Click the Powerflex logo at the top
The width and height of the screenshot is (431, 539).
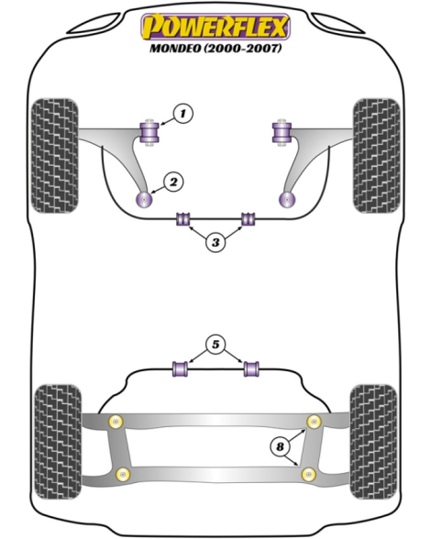215,27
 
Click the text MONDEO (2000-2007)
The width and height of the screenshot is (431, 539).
215,48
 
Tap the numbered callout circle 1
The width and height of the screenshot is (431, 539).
182,113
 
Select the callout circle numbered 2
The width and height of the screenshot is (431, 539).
173,182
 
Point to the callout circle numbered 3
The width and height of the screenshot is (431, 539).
215,242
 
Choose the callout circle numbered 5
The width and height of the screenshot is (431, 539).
215,345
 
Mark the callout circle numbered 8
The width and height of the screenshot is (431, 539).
280,446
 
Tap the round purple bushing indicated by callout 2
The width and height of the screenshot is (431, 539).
144,200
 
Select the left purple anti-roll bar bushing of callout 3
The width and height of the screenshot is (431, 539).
183,219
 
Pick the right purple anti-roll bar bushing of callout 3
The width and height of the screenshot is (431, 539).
248,219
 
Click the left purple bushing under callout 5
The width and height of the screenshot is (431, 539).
180,368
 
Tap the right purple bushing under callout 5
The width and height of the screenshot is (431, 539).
251,368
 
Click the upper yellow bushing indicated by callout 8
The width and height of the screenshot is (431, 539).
314,422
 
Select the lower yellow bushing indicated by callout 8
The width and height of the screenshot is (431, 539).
308,475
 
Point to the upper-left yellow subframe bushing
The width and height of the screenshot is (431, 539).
116,422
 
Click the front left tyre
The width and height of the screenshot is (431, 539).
54,156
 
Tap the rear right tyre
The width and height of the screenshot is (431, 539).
373,442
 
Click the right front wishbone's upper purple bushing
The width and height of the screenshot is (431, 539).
282,132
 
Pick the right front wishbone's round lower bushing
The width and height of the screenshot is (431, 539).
287,200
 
